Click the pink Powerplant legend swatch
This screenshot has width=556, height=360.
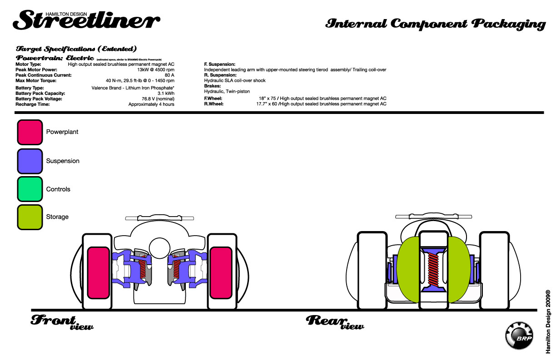click(x=30, y=132)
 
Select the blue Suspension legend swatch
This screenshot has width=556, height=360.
click(x=30, y=161)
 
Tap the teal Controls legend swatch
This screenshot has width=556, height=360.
click(x=30, y=189)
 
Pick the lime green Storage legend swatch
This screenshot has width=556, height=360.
click(x=30, y=217)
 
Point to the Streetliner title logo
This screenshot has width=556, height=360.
click(x=86, y=19)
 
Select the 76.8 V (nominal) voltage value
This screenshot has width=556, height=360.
click(x=158, y=99)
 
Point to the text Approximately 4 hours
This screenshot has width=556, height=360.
click(x=151, y=104)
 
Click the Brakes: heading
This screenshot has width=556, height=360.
click(x=213, y=86)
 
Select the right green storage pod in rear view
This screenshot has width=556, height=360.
click(x=459, y=270)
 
